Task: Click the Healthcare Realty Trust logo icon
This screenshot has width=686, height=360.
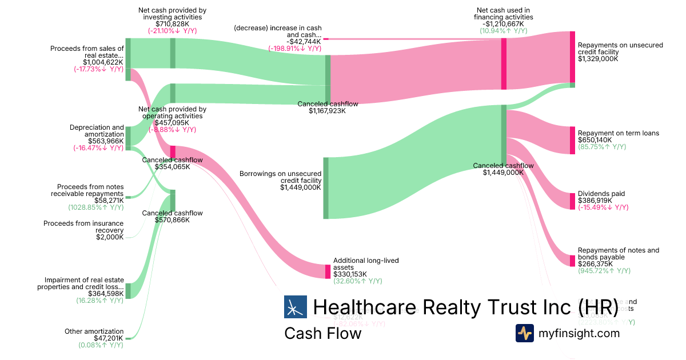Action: click(295, 307)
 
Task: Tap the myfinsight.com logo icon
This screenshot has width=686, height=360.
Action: click(525, 333)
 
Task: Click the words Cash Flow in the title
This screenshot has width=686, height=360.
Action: click(322, 333)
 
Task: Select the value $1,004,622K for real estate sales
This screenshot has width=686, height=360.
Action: click(103, 62)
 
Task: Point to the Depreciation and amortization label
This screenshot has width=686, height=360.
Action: click(97, 131)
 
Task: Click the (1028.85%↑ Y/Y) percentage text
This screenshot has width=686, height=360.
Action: click(95, 207)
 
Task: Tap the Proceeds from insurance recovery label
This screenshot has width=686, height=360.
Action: click(83, 227)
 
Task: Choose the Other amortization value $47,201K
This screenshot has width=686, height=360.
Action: click(109, 338)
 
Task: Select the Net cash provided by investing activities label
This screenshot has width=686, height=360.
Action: click(172, 14)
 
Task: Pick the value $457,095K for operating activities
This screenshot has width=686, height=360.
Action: click(173, 123)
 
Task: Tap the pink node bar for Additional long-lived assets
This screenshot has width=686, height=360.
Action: click(328, 271)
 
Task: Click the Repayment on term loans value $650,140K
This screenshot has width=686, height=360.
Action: click(595, 140)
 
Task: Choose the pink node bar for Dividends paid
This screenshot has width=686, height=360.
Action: click(572, 201)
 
